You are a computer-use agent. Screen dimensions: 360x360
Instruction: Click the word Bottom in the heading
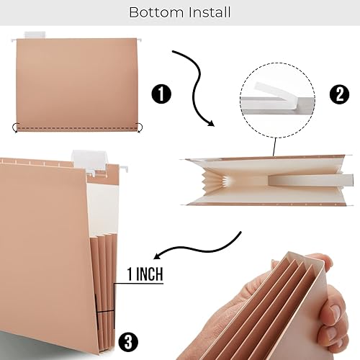(151, 12)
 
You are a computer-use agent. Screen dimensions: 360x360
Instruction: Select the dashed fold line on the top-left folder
(76, 128)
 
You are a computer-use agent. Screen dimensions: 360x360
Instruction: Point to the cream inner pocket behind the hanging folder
(106, 194)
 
